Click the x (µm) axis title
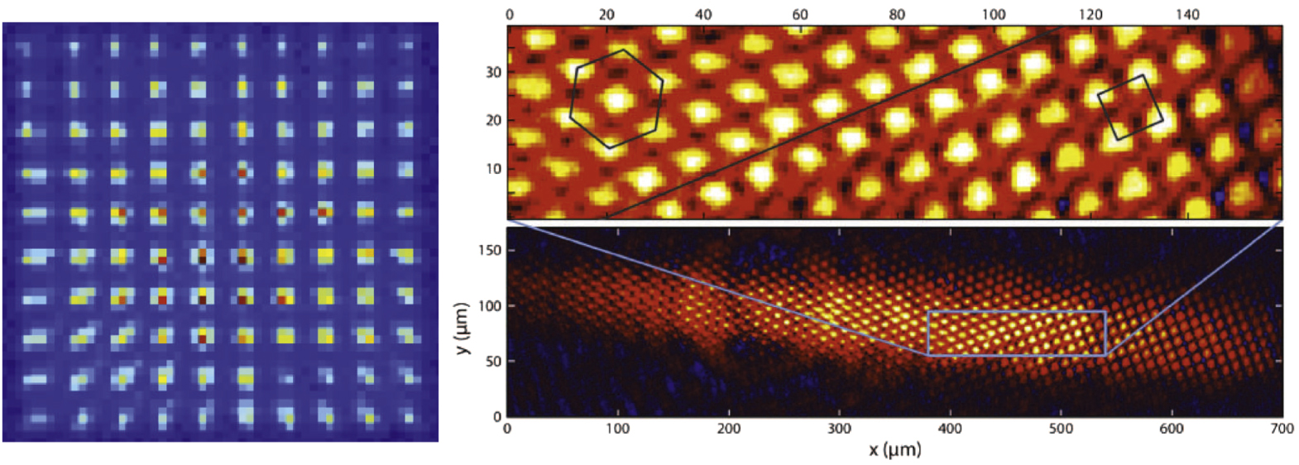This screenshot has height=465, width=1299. point(894,450)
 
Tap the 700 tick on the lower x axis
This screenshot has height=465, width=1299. point(1282,429)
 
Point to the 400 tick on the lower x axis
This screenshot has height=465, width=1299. point(950,429)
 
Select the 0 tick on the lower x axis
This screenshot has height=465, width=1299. point(507,429)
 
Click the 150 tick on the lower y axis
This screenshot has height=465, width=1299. point(490,251)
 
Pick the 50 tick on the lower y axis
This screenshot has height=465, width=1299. point(493,362)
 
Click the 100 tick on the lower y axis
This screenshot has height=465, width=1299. point(490,306)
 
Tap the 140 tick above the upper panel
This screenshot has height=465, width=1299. point(1187,14)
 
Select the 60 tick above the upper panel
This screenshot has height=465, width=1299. point(800,14)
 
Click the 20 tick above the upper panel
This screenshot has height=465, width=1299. point(606,14)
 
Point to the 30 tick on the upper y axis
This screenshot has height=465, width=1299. point(494,73)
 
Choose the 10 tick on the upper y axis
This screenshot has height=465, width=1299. point(494,170)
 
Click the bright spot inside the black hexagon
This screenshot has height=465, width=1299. point(616,100)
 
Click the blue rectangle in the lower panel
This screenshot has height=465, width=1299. point(1016,312)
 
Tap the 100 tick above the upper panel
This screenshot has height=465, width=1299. point(994,14)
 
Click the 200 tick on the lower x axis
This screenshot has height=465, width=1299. point(729,429)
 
